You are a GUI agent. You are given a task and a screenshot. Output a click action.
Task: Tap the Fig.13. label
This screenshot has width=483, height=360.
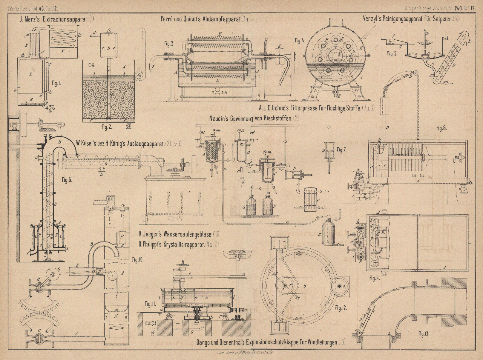[x=424, y=334]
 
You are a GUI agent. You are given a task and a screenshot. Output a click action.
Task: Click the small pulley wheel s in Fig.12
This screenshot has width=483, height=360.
[x=340, y=286]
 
